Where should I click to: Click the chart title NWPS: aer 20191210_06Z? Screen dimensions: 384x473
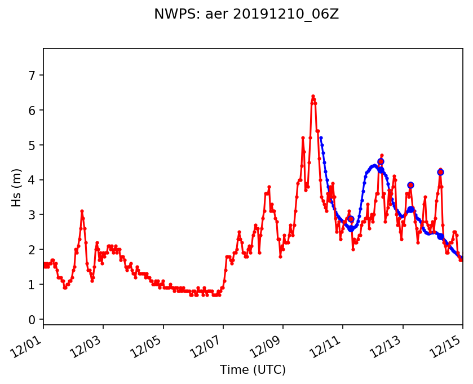pyautogui.click(x=246, y=14)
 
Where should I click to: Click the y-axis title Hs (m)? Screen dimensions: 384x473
pyautogui.click(x=16, y=187)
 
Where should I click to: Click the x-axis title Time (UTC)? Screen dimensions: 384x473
pyautogui.click(x=253, y=370)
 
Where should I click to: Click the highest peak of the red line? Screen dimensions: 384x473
pyautogui.click(x=313, y=96)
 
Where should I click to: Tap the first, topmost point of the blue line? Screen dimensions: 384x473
pyautogui.click(x=321, y=138)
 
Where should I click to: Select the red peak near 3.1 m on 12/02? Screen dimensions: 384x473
pyautogui.click(x=82, y=211)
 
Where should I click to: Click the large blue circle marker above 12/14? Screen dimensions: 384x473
pyautogui.click(x=440, y=172)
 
